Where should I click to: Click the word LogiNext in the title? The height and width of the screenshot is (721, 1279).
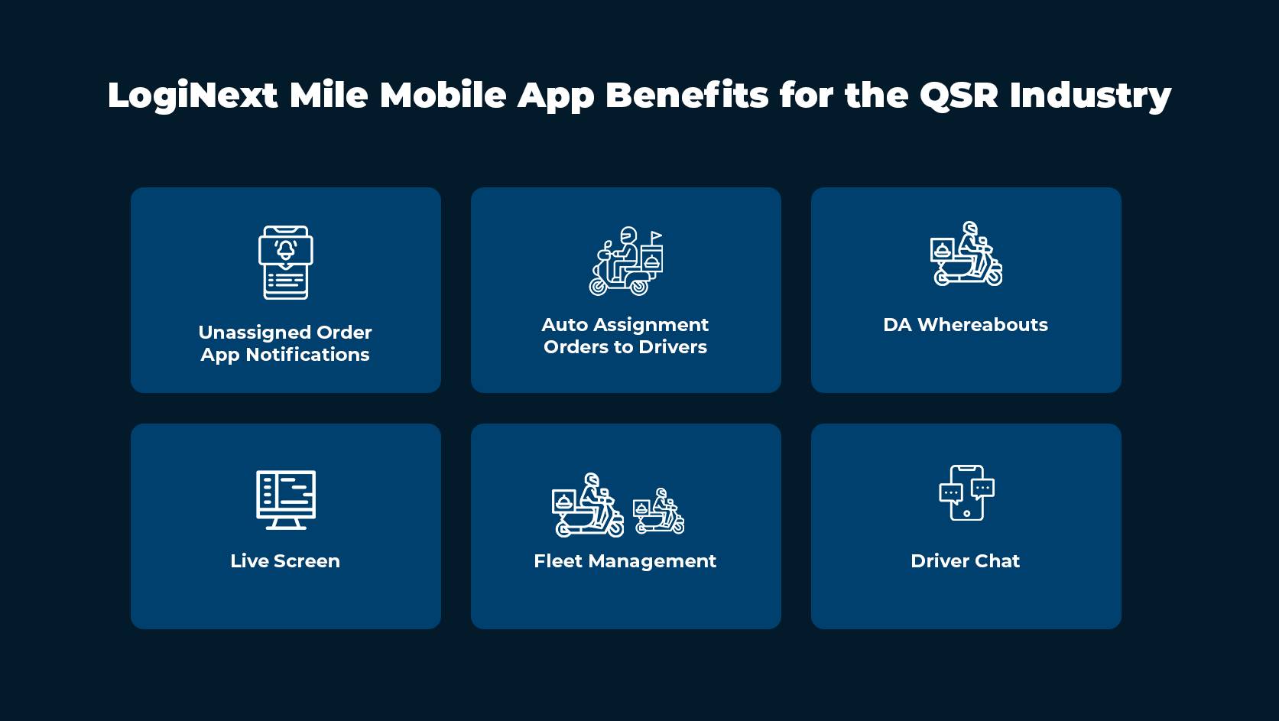(x=193, y=96)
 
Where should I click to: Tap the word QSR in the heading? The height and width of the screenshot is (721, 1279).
(x=959, y=96)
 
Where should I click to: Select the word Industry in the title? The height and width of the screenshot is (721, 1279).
(x=1090, y=96)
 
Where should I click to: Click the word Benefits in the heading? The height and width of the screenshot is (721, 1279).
(x=687, y=96)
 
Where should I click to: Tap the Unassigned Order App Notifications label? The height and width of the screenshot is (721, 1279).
(x=285, y=343)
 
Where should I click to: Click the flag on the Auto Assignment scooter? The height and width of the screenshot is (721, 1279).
(x=656, y=235)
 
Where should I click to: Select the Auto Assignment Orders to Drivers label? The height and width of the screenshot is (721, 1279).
(x=625, y=336)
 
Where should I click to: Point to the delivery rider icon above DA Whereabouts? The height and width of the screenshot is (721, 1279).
(x=966, y=255)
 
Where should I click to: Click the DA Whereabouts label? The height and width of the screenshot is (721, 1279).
(x=966, y=325)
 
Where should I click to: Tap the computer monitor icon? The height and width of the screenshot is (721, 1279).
(x=286, y=499)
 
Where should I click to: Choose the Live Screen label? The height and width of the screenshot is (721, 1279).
(x=285, y=561)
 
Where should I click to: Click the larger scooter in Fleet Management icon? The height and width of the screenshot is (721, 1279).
(x=588, y=505)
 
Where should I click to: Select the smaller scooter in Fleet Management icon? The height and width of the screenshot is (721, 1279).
(x=658, y=512)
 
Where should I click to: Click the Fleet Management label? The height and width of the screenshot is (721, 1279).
(x=625, y=561)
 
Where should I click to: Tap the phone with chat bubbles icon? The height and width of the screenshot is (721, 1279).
(x=966, y=493)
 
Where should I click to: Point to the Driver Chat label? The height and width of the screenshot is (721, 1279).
(x=966, y=561)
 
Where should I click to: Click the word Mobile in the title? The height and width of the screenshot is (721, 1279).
(x=443, y=96)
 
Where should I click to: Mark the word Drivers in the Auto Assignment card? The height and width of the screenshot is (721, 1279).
(x=673, y=347)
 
